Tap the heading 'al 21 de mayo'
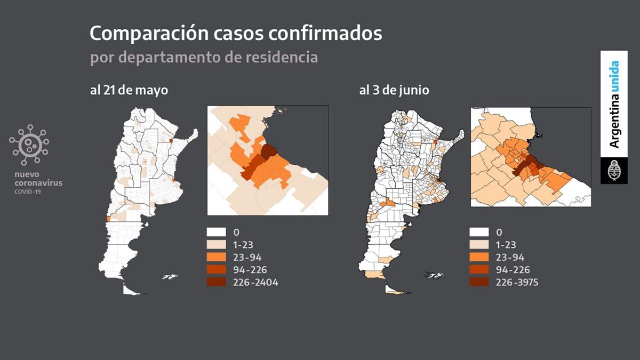pos(129,90)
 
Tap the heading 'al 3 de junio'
pos(394,90)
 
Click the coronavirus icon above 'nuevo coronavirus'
pos(29,145)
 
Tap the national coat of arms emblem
pos(614,171)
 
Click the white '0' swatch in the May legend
pos(217,233)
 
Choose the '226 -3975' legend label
pos(517,282)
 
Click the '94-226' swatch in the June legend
pos(479,270)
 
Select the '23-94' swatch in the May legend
pos(217,257)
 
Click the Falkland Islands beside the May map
pos(170,276)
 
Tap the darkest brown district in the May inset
pos(268,151)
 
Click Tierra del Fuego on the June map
pos(396,291)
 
